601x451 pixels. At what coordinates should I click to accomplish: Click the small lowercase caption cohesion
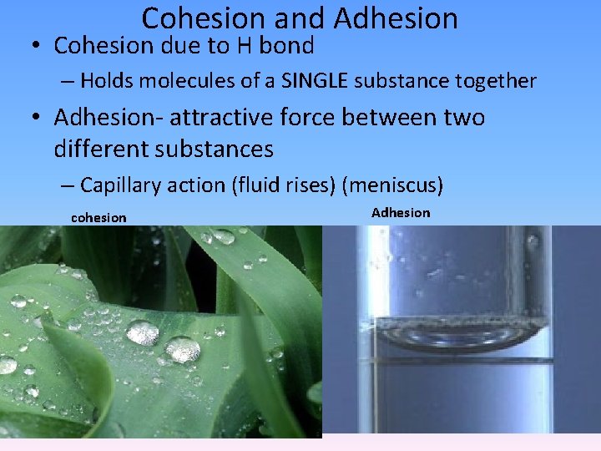[98, 218]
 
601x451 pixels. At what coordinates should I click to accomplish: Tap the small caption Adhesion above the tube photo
[401, 213]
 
